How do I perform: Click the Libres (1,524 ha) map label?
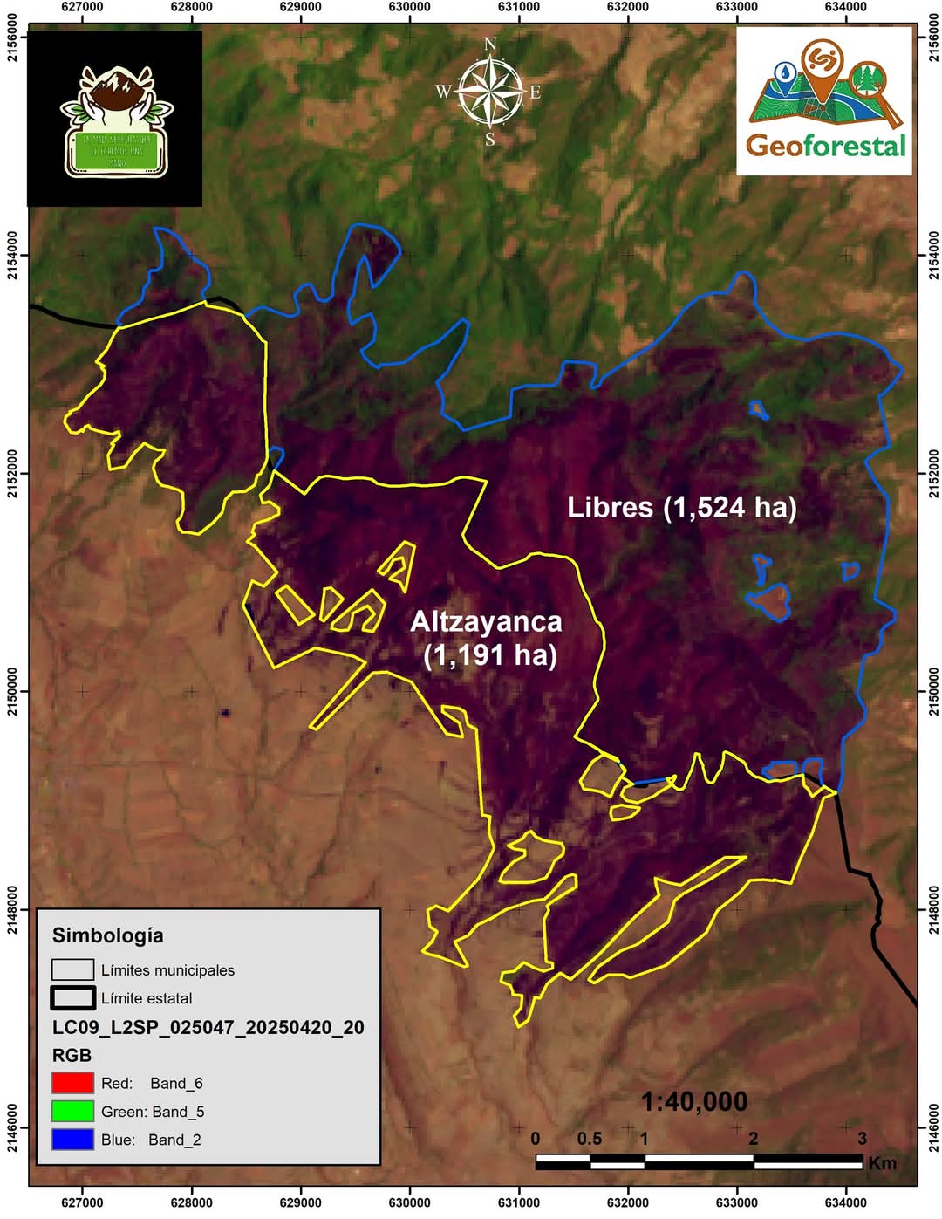681,508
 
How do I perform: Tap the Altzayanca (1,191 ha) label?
487,638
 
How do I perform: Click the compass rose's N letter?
490,45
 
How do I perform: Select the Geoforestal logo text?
825,146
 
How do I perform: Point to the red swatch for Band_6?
72,1083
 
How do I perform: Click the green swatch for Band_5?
72,1111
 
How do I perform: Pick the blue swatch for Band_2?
72,1139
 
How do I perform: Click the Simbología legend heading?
108,935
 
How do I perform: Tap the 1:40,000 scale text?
694,1102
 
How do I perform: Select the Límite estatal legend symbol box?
72,997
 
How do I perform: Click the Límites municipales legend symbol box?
72,969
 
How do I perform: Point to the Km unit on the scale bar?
882,1163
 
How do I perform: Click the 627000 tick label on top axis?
82,6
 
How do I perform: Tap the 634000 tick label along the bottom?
845,1202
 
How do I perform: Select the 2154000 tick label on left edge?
11,255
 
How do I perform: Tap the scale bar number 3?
862,1139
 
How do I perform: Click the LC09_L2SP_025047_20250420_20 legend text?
208,1027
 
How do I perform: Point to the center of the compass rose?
490,91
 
